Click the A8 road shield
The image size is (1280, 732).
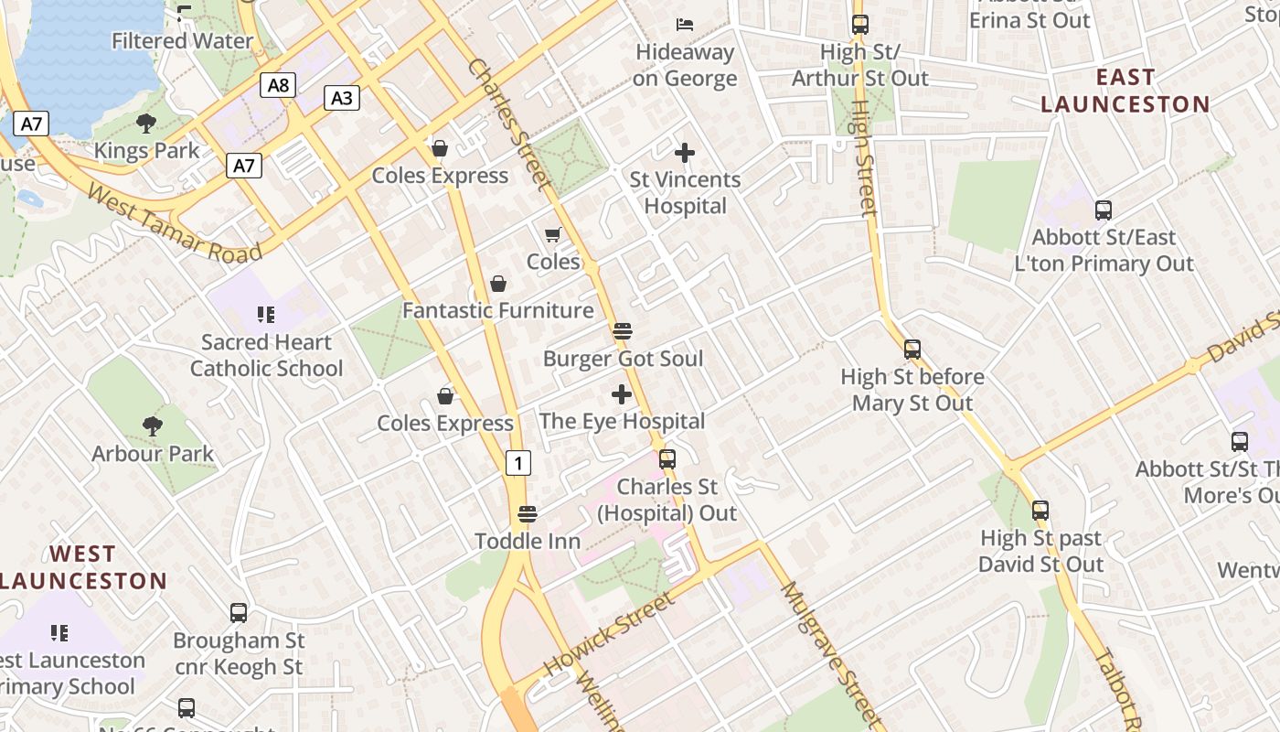point(279,86)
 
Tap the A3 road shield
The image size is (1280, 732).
point(341,98)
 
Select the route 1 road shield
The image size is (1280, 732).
point(518,463)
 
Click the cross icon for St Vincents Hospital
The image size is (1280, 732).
point(685,153)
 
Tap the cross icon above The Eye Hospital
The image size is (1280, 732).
point(622,394)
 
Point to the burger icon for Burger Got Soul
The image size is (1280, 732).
point(623,331)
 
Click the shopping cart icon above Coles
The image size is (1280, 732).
point(553,235)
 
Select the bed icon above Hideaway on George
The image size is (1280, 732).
point(685,24)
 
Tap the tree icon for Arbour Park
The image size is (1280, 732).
point(153,425)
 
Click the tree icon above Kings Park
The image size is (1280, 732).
point(146,124)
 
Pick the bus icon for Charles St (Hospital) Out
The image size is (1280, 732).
point(667,459)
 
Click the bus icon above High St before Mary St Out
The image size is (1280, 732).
point(912,350)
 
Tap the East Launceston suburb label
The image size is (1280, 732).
point(1125,91)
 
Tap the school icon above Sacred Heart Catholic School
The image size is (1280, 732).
point(266,316)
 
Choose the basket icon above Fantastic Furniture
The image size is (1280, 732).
point(498,285)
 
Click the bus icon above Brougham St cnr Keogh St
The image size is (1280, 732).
point(239,613)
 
